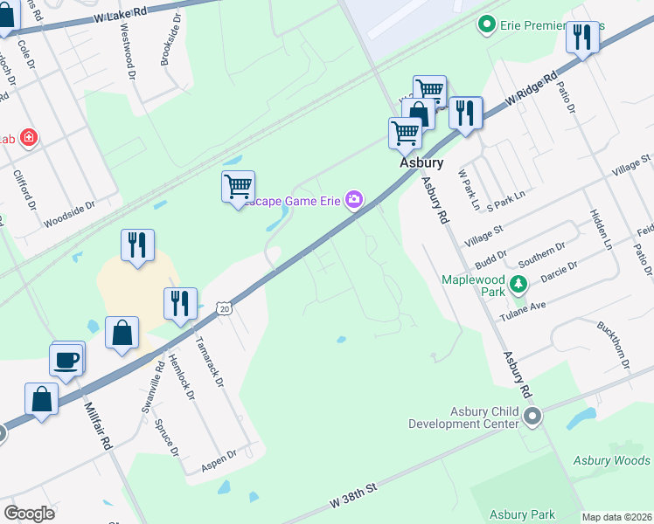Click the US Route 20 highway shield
(x=226, y=308)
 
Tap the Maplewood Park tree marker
(x=518, y=284)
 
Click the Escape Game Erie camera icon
(x=354, y=200)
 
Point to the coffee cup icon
(x=68, y=358)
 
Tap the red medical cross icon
(x=29, y=138)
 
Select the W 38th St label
(x=352, y=498)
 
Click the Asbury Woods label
(x=612, y=460)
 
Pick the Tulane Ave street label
(x=522, y=311)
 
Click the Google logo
(x=29, y=513)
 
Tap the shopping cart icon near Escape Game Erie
(x=238, y=186)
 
